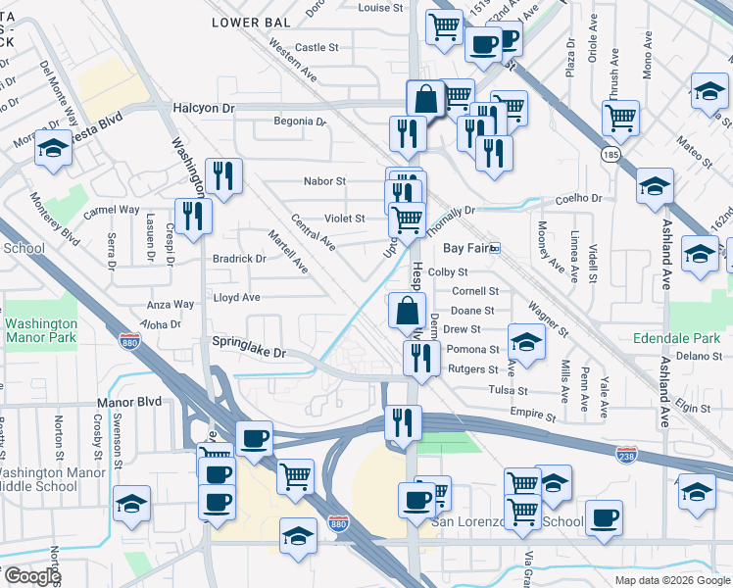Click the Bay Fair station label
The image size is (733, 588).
click(x=465, y=249)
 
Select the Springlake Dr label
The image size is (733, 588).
click(x=249, y=352)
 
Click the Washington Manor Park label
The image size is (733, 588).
click(x=40, y=331)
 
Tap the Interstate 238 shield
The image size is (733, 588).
click(x=627, y=455)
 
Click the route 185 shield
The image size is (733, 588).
click(x=611, y=155)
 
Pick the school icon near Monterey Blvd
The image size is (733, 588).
click(x=52, y=148)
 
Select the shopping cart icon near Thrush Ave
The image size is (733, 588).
click(x=620, y=118)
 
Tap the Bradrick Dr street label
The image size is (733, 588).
click(x=239, y=260)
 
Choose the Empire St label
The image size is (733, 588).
click(x=532, y=416)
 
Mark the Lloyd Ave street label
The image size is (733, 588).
click(x=236, y=297)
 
